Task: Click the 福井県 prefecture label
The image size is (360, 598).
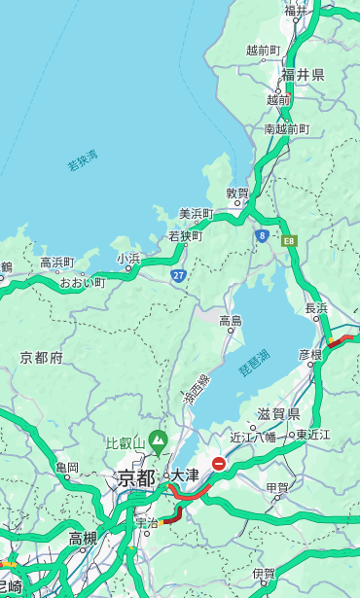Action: (x=304, y=74)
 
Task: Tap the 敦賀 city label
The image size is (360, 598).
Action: (x=237, y=193)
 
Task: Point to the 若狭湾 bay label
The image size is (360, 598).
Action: (x=83, y=160)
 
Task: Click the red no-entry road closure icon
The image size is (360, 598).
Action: (x=220, y=465)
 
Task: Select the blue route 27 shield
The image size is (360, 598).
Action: (x=179, y=276)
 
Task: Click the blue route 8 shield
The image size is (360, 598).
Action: (x=262, y=235)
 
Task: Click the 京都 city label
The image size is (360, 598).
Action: (x=136, y=477)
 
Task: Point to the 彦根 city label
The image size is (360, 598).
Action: (x=309, y=355)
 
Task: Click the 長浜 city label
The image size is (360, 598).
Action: (x=316, y=308)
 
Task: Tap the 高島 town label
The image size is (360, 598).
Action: (x=231, y=321)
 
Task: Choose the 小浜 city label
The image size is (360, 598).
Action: (x=129, y=258)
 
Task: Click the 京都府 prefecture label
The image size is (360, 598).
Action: (x=42, y=358)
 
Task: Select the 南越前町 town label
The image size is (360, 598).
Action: (x=286, y=128)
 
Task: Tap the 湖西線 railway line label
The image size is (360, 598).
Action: (x=196, y=389)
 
